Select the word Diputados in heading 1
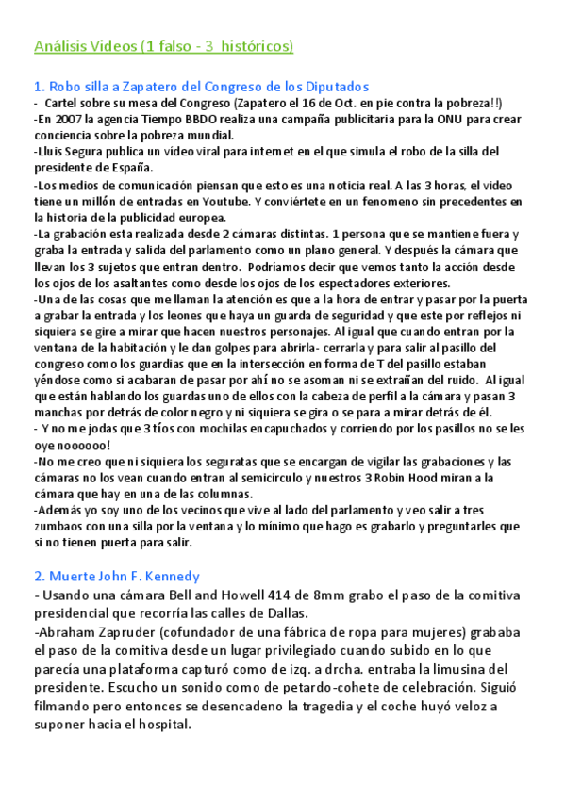(x=336, y=86)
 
